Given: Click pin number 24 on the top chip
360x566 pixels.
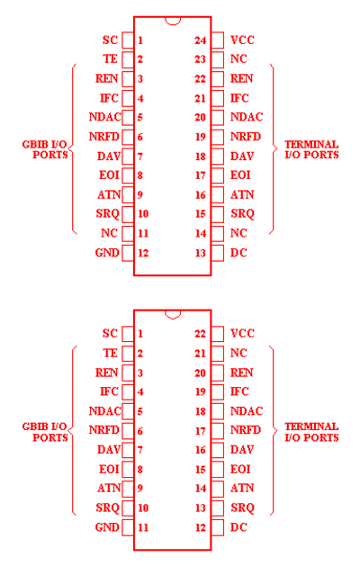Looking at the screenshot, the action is click(x=201, y=40).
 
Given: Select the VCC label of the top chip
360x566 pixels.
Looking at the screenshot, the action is click(x=242, y=40).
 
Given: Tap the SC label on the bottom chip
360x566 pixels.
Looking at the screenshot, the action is click(x=110, y=333).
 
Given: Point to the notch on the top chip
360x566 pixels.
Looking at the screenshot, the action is click(x=173, y=21).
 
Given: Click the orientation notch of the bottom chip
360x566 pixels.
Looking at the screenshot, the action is click(x=173, y=315).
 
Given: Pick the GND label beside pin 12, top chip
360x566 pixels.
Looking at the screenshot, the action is click(x=107, y=252).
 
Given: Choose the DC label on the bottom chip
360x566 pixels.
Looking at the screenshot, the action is click(x=238, y=527).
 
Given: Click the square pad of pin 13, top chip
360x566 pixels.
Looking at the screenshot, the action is click(x=218, y=253).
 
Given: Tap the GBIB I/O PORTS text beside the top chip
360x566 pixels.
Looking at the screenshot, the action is click(x=45, y=149).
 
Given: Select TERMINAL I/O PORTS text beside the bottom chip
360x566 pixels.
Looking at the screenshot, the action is click(x=311, y=432).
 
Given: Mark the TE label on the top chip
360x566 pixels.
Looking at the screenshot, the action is click(x=110, y=58).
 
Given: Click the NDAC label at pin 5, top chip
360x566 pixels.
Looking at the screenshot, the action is click(x=105, y=117).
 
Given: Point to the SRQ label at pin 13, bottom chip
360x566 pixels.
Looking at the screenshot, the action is click(x=242, y=508).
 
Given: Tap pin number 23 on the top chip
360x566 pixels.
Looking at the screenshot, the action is click(x=201, y=59).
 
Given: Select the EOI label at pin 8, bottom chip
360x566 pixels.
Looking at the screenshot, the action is click(x=109, y=469).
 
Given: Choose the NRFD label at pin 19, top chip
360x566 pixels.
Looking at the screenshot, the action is click(x=246, y=137).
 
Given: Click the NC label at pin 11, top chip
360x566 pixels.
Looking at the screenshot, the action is click(x=109, y=233).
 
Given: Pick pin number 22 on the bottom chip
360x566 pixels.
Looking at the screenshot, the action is click(x=201, y=334).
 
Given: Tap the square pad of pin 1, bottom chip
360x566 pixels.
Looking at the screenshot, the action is click(x=128, y=334).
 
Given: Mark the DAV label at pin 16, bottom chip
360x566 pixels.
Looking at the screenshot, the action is click(x=242, y=449).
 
